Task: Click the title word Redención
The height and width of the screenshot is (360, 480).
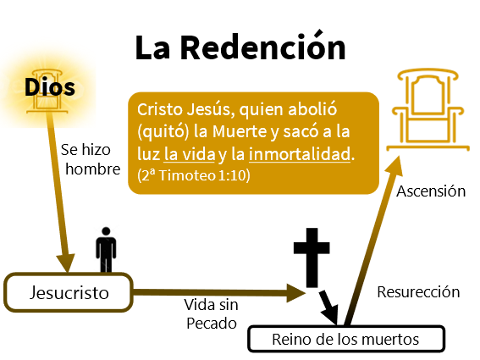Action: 263,47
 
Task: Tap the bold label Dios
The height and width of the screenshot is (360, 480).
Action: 50,87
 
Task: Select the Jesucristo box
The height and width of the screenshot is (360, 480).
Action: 69,292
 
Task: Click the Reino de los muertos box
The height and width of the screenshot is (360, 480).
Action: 346,339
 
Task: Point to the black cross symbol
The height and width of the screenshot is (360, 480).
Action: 312,258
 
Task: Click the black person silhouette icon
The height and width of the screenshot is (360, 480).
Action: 106,250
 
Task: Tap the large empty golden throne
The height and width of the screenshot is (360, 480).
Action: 428,109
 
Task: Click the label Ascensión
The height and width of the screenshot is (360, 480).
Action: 431,191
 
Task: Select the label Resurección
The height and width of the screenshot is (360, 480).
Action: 418,292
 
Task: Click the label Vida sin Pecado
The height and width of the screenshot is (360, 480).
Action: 212,314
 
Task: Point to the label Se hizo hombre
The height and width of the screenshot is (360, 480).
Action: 91,159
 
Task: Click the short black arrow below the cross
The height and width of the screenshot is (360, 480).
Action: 328,307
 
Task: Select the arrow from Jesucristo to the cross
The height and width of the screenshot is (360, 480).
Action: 219,293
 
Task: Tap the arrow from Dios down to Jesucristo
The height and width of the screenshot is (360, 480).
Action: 59,191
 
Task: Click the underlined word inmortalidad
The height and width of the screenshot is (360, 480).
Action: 300,154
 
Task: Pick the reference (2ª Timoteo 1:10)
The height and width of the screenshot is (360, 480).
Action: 194,175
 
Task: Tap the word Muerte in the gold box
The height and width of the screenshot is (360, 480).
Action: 240,131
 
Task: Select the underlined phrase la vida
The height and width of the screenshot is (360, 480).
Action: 190,154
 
